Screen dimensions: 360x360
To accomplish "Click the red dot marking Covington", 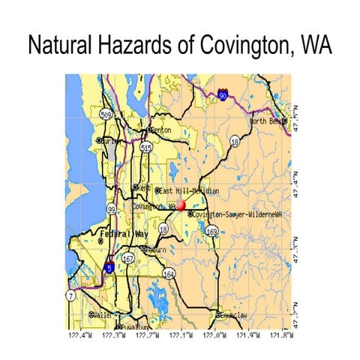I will (181, 204).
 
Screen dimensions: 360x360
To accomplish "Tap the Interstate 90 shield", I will (223, 95).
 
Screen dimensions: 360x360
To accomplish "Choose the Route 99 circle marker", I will (111, 209).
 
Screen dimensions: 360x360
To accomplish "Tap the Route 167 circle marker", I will (128, 259).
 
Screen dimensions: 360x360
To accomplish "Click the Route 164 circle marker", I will (169, 274).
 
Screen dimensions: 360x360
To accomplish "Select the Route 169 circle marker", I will (212, 232).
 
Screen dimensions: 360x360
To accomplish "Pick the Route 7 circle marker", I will (70, 297).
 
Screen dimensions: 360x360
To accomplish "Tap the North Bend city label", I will (268, 121).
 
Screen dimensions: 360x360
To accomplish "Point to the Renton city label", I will (161, 130).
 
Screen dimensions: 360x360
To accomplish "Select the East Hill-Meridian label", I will (188, 191).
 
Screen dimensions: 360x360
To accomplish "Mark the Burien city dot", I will (98, 139).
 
